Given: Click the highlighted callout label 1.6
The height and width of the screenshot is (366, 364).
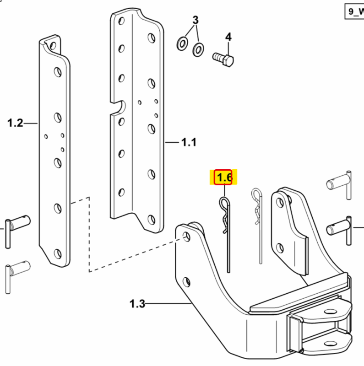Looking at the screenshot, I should click(x=224, y=178).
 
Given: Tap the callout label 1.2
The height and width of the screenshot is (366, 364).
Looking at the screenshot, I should click(x=15, y=123).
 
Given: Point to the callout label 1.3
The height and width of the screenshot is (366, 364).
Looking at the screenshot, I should click(x=137, y=303).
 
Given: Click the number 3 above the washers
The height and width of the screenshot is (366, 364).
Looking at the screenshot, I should click(x=195, y=20).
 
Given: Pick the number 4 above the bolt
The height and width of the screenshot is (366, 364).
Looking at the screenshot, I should click(x=228, y=37).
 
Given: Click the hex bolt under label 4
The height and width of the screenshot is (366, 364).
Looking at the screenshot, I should click(x=224, y=59).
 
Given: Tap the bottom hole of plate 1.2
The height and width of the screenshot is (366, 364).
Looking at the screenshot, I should click(x=57, y=253).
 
